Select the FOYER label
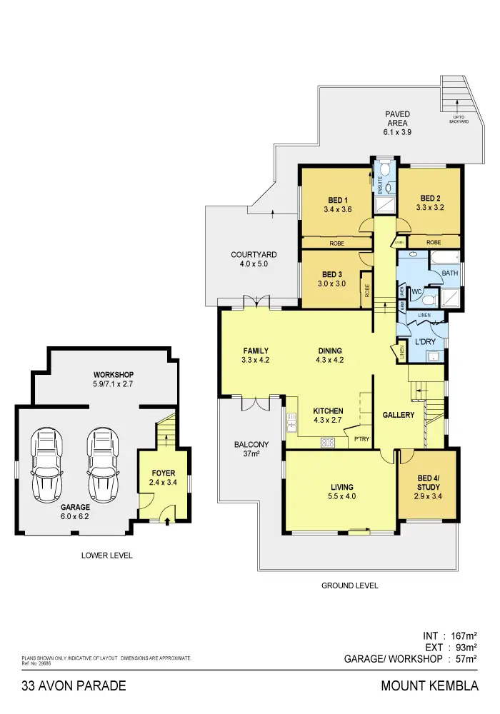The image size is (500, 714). pyautogui.click(x=163, y=473)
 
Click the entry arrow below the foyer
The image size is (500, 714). pyautogui.click(x=167, y=522)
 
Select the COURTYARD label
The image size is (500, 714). pyautogui.click(x=254, y=255)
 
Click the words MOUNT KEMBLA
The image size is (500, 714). pyautogui.click(x=429, y=687)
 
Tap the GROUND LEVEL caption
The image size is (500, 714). pyautogui.click(x=349, y=585)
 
